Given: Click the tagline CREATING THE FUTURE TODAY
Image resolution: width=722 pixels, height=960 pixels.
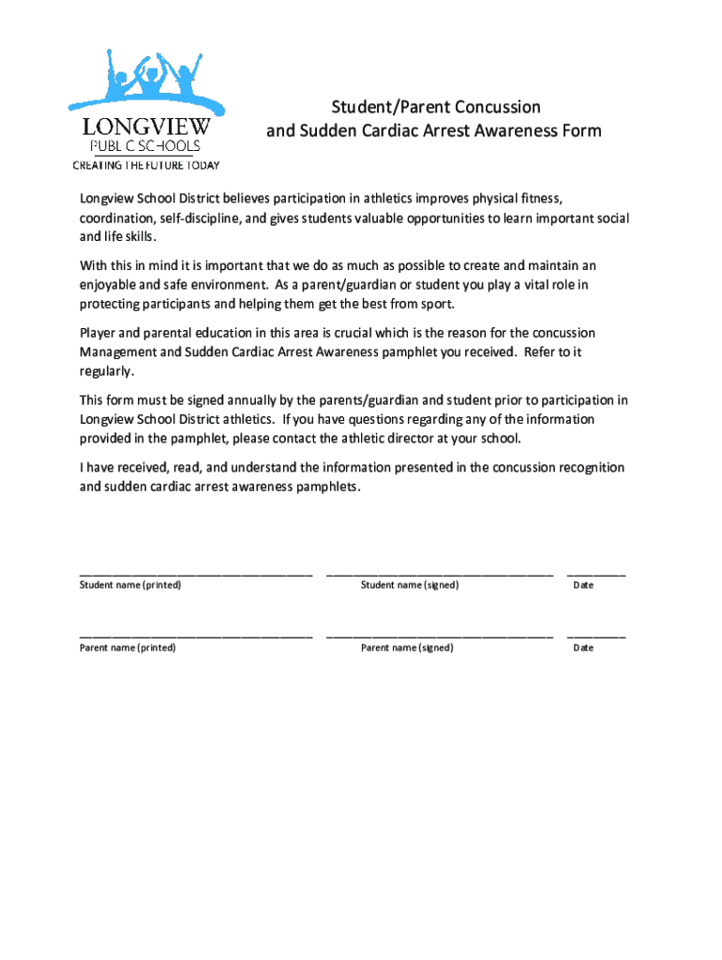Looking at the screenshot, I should (x=146, y=166).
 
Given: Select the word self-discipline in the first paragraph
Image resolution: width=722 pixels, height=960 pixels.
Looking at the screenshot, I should (x=199, y=218).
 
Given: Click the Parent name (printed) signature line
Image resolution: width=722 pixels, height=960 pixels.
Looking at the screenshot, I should (x=195, y=635).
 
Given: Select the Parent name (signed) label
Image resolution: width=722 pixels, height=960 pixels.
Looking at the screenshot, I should (x=407, y=648).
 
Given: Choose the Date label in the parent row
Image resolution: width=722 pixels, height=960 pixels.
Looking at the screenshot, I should (x=583, y=648).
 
